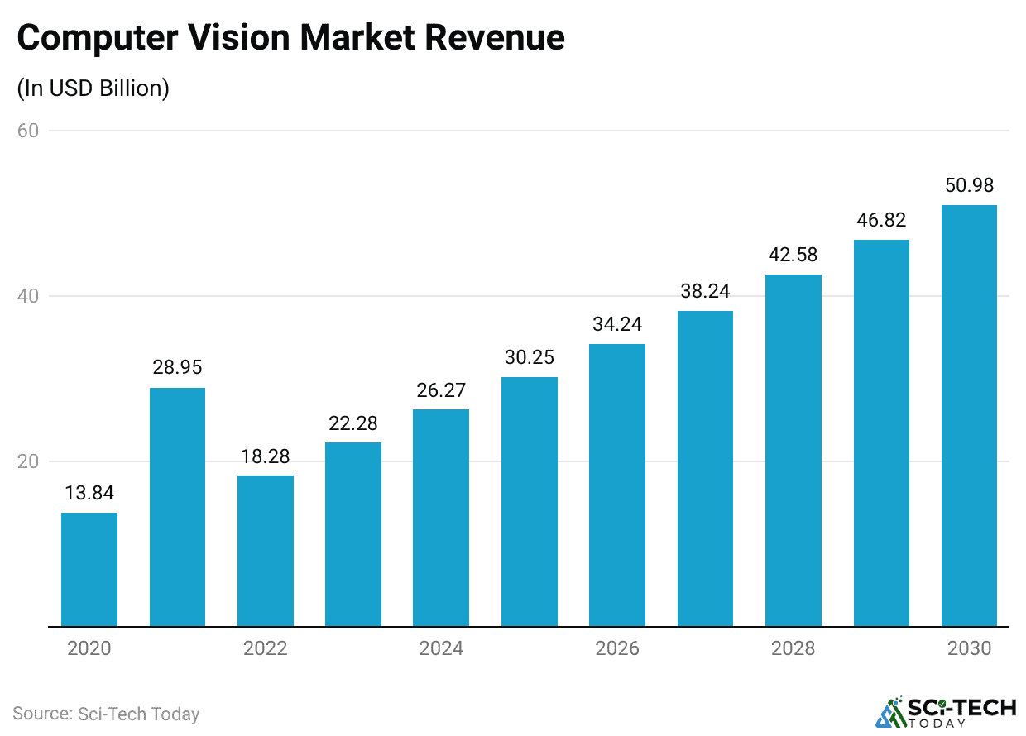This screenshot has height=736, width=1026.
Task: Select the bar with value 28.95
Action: pos(177,506)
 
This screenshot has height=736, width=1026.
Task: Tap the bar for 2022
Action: pos(266,551)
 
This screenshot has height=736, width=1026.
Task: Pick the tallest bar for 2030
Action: pos(969,415)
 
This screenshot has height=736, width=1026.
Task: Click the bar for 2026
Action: pos(617,485)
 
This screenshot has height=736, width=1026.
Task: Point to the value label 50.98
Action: pos(969,185)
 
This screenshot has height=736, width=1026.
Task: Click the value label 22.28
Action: pos(353,423)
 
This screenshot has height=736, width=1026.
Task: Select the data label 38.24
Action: pos(705,291)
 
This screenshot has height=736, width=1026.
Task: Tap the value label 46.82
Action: pos(881,220)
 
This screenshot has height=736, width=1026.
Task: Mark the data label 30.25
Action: pos(530,357)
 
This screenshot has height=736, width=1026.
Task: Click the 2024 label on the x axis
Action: pos(441,648)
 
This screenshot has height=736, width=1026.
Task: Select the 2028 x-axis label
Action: pos(793,648)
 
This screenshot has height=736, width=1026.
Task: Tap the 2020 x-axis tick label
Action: pos(89,648)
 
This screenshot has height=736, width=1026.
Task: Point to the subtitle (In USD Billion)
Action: pos(93,88)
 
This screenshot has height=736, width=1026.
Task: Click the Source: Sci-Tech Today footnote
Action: pos(106,714)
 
